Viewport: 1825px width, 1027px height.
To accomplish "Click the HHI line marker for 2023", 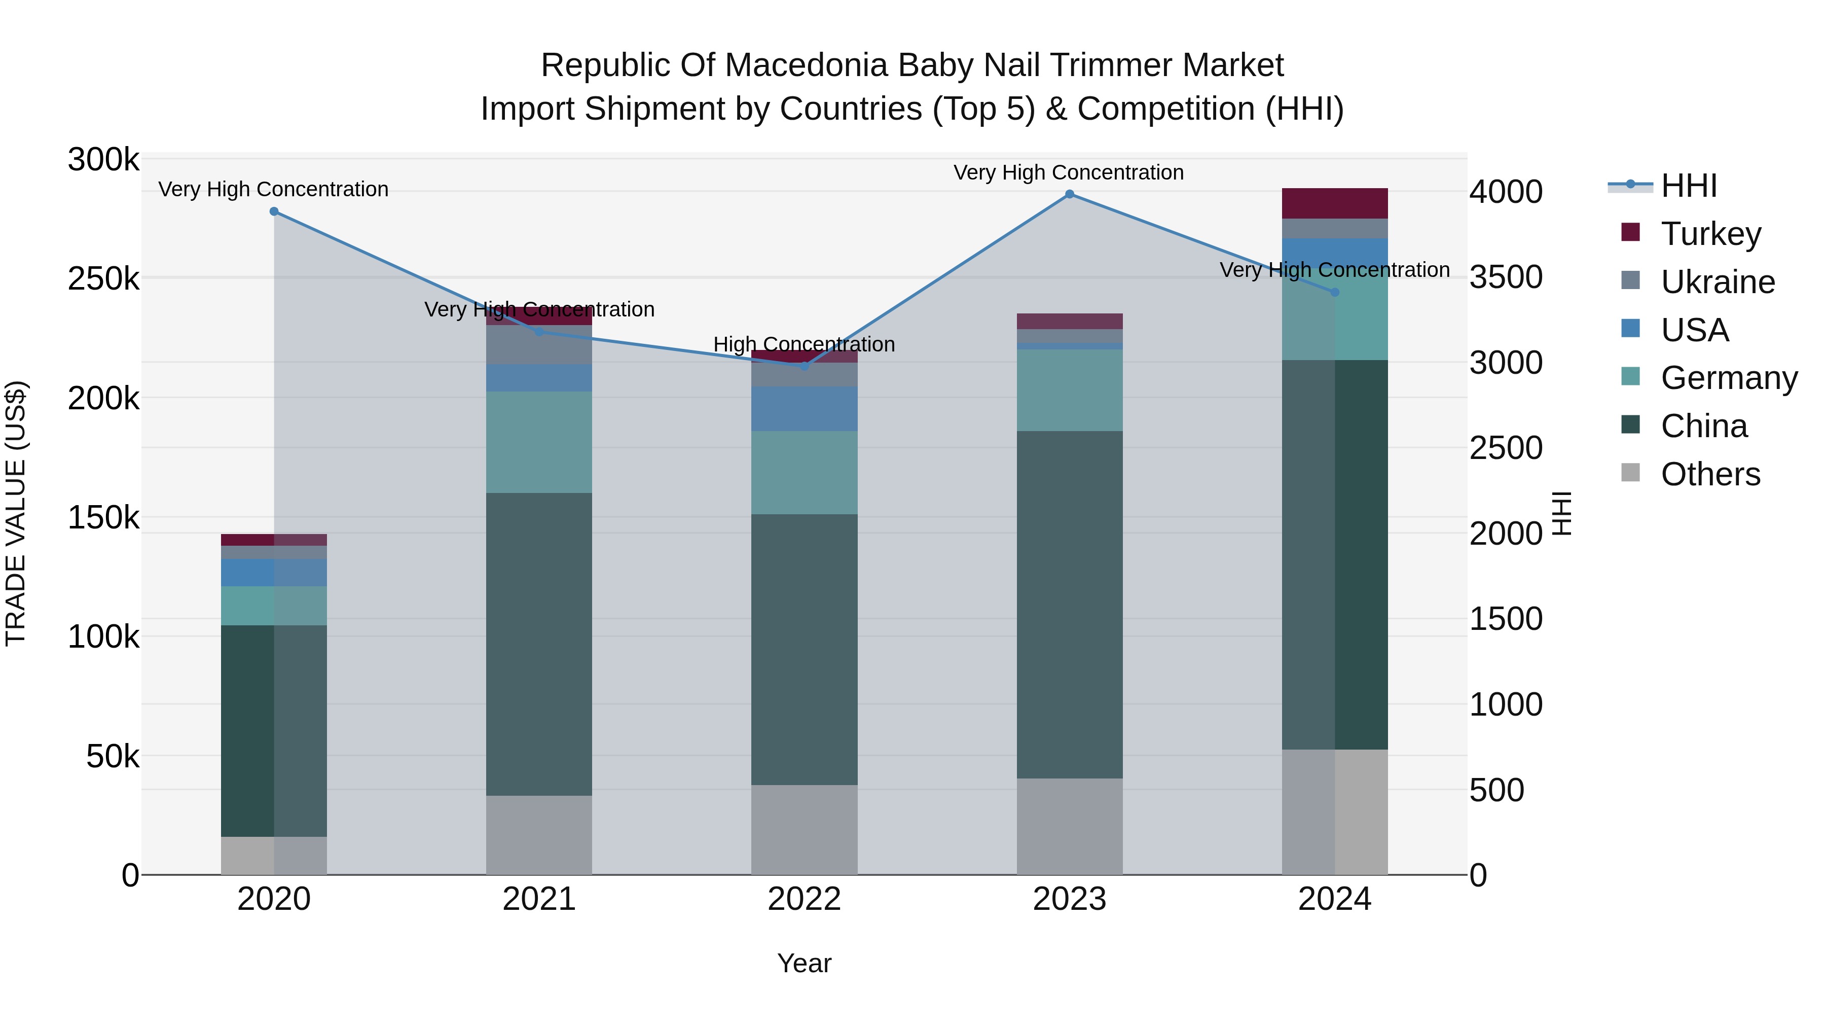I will [1069, 194].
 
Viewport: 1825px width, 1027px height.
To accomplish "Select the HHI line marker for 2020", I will [274, 211].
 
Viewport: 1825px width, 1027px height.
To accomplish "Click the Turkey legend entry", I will [1710, 234].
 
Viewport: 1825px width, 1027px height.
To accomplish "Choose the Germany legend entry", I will [1728, 378].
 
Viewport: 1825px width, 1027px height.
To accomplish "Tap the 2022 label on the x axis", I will [804, 899].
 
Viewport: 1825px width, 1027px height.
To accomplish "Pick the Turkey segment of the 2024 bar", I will [1335, 203].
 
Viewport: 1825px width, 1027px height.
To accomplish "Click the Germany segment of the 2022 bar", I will [804, 472].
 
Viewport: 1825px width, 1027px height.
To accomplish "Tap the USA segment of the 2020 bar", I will [274, 572].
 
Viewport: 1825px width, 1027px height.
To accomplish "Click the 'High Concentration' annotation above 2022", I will [804, 344].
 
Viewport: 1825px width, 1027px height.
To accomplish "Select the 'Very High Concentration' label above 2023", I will [1068, 172].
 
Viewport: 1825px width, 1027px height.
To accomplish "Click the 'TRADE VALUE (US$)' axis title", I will [16, 513].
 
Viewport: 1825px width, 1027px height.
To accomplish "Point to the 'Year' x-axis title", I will [804, 963].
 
